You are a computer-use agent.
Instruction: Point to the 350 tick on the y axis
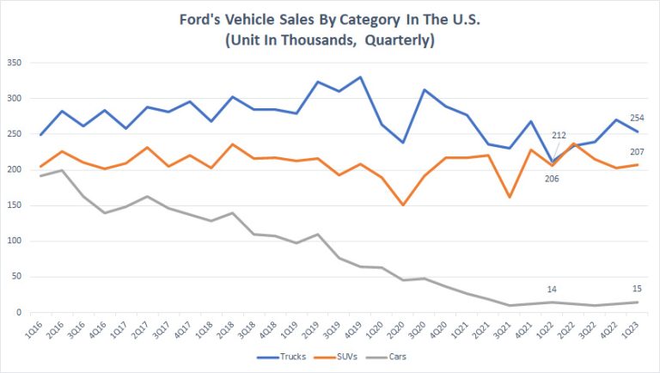[x=15, y=63]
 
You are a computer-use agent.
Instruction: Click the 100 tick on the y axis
[x=15, y=242]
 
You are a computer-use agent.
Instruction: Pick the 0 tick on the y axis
[x=22, y=313]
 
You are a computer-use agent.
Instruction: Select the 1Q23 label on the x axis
[x=635, y=328]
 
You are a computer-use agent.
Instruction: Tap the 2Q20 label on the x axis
[x=400, y=328]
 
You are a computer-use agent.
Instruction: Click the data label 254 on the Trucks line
[x=636, y=117]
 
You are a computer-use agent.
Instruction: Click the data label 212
[x=559, y=134]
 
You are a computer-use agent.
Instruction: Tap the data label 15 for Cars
[x=636, y=288]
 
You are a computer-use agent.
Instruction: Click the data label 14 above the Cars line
[x=553, y=289]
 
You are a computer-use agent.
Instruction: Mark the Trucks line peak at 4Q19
[x=360, y=77]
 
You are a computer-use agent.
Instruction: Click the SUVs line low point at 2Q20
[x=402, y=205]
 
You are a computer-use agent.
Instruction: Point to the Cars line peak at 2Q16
[x=58, y=170]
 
